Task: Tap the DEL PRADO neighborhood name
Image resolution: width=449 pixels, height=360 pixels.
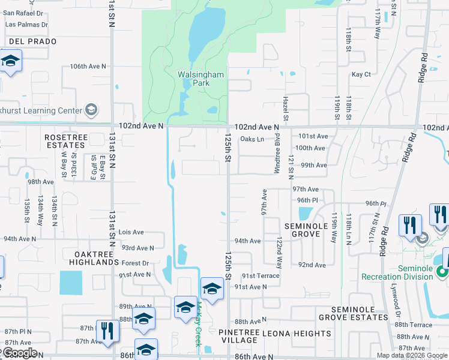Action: [x=32, y=41]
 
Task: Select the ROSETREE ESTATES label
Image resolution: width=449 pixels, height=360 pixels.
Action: [x=65, y=141]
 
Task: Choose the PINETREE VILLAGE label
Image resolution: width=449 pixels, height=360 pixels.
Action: [x=239, y=337]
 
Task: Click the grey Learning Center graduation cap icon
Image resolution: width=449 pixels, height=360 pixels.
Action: [x=91, y=110]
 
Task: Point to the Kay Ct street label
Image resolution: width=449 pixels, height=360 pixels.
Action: [x=361, y=74]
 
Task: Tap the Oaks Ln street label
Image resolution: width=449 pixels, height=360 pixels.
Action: [x=252, y=139]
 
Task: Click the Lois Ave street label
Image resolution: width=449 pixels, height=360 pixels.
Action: [x=131, y=232]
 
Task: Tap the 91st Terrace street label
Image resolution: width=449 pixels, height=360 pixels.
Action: [x=261, y=275]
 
